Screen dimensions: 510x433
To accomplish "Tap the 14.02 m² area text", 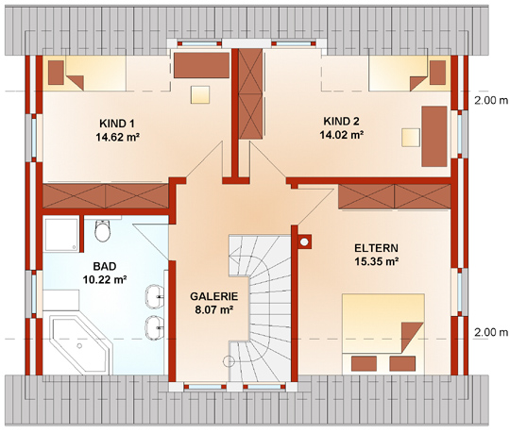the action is pos(342,135).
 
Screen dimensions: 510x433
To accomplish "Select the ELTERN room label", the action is pos(376,248).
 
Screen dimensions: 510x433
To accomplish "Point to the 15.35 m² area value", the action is pos(377,261).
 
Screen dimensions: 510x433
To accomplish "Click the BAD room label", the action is pos(105,266).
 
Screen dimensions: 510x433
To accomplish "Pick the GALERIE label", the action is pos(214,296).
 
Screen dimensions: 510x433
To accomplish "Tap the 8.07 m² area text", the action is pos(214,309).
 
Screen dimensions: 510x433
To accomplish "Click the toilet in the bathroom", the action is pos(103,231).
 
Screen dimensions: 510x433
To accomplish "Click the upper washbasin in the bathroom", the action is pos(155,296).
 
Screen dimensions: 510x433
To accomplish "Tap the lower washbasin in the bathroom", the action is pos(155,327).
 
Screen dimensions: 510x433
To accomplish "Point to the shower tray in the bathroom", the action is pos(61,235).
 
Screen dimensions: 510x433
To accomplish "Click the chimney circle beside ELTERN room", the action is pos(304,242).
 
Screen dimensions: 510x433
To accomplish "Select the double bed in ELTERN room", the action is pos(383,334).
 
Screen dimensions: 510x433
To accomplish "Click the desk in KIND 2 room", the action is pos(434,137).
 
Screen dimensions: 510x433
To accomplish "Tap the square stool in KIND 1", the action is pos(200,94).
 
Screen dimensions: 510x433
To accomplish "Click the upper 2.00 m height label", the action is pos(491,101).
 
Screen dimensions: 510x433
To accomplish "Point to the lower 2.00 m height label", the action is pos(491,332).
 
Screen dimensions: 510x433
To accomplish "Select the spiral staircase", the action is pos(261,308).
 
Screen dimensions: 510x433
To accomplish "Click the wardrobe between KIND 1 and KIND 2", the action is pos(250,94).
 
